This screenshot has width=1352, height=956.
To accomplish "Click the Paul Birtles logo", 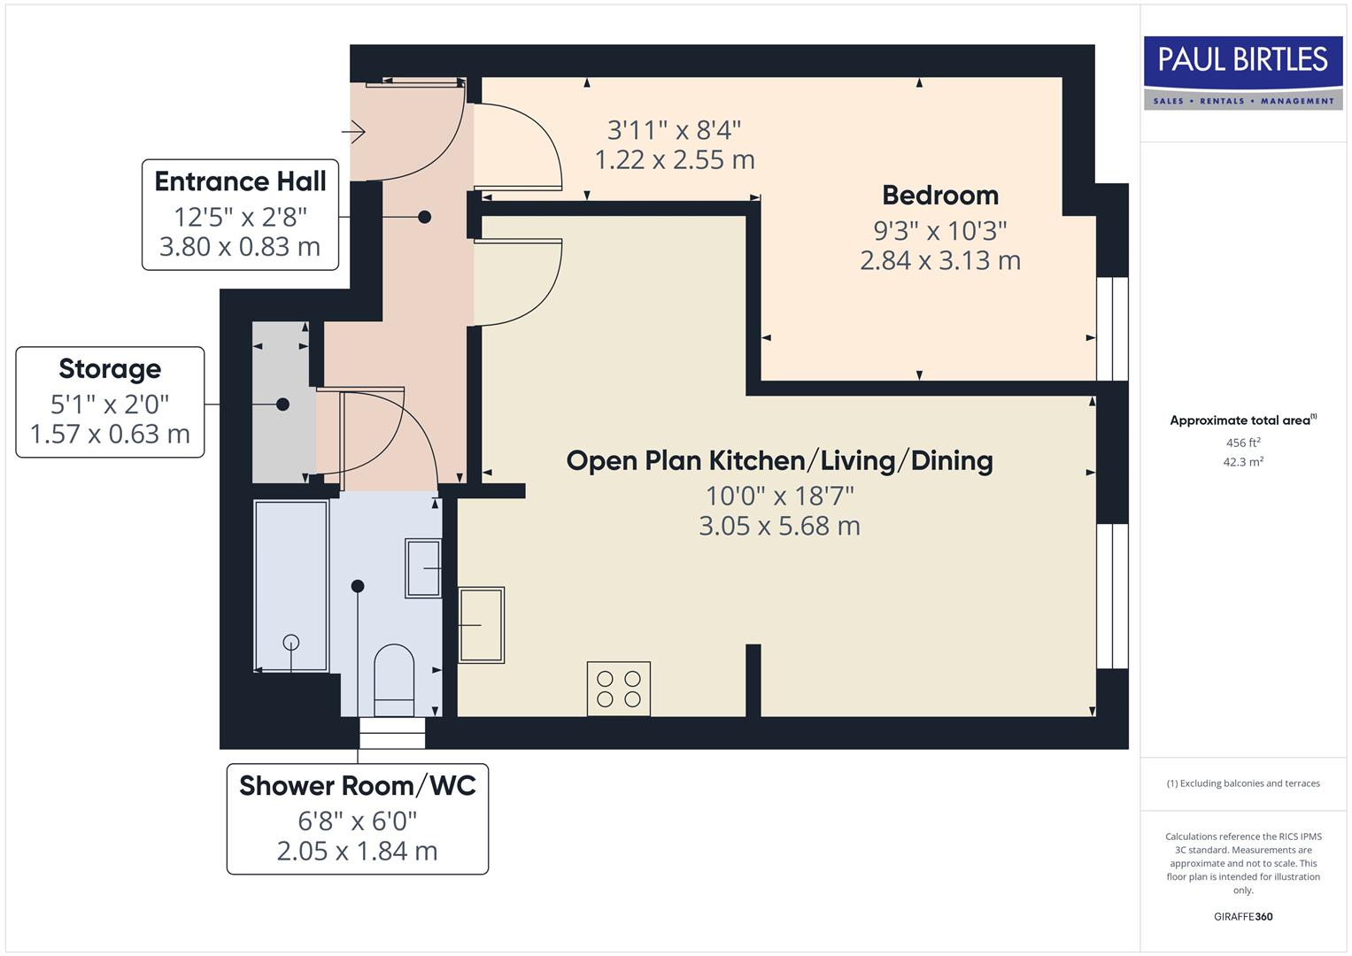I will pos(1242,73).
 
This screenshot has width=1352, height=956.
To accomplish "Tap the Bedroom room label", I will pos(940,196).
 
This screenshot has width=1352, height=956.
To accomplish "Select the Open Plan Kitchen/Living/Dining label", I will pos(779,460).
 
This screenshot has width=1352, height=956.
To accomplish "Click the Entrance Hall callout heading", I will pos(240,181).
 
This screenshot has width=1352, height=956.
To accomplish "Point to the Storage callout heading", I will pos(110,369).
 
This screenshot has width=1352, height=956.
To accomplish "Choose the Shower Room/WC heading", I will pos(357,786).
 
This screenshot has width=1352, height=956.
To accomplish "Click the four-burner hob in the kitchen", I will pos(619,689).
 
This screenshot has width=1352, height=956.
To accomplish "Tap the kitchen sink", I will pos(482,625).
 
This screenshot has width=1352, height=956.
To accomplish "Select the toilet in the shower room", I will pos(394,680).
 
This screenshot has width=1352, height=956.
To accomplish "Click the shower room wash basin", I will pos(424,568).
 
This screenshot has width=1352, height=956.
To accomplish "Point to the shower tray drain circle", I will pos(290,643).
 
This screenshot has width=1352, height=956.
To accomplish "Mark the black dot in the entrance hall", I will pos(424,217).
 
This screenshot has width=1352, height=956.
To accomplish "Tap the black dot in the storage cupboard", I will pos(282,405).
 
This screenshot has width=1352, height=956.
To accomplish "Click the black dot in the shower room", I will pos(358,586).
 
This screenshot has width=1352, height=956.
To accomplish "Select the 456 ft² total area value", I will pos(1243,443).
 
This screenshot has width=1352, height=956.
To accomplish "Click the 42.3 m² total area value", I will pos(1243,462).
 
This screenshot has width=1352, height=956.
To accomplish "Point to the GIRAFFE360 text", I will pos(1243,917).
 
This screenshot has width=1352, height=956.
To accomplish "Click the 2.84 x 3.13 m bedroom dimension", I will pos(940,261).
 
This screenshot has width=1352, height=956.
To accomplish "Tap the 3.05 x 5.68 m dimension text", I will pos(779,526).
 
